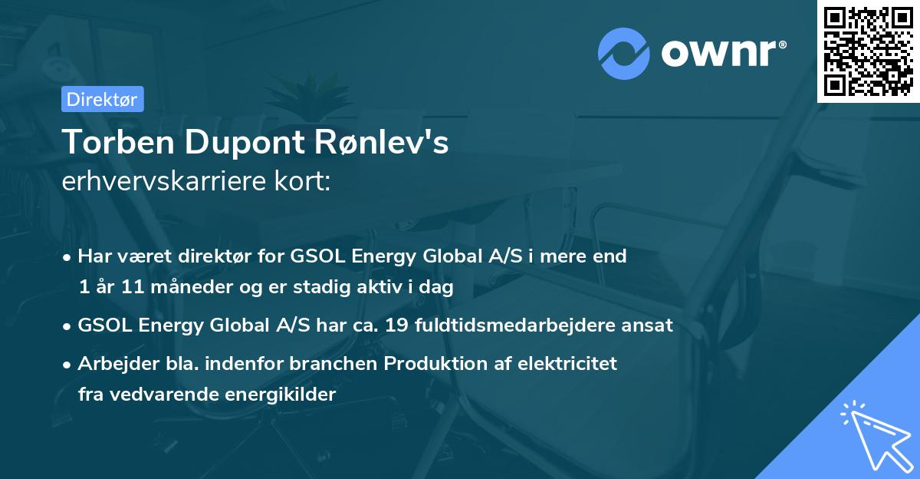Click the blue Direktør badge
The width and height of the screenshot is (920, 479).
103,99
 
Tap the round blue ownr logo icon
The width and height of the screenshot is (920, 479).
624,54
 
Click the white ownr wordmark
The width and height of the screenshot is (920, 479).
724,53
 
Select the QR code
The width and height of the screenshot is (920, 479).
868,51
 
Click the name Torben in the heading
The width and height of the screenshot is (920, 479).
118,142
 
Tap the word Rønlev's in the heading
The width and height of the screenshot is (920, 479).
382,142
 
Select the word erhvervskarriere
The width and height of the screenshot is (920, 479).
164,181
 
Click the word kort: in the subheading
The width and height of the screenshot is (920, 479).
303,181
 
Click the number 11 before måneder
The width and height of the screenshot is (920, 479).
133,286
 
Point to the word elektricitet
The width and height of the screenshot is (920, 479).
567,363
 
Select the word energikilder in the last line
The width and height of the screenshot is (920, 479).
281,395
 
